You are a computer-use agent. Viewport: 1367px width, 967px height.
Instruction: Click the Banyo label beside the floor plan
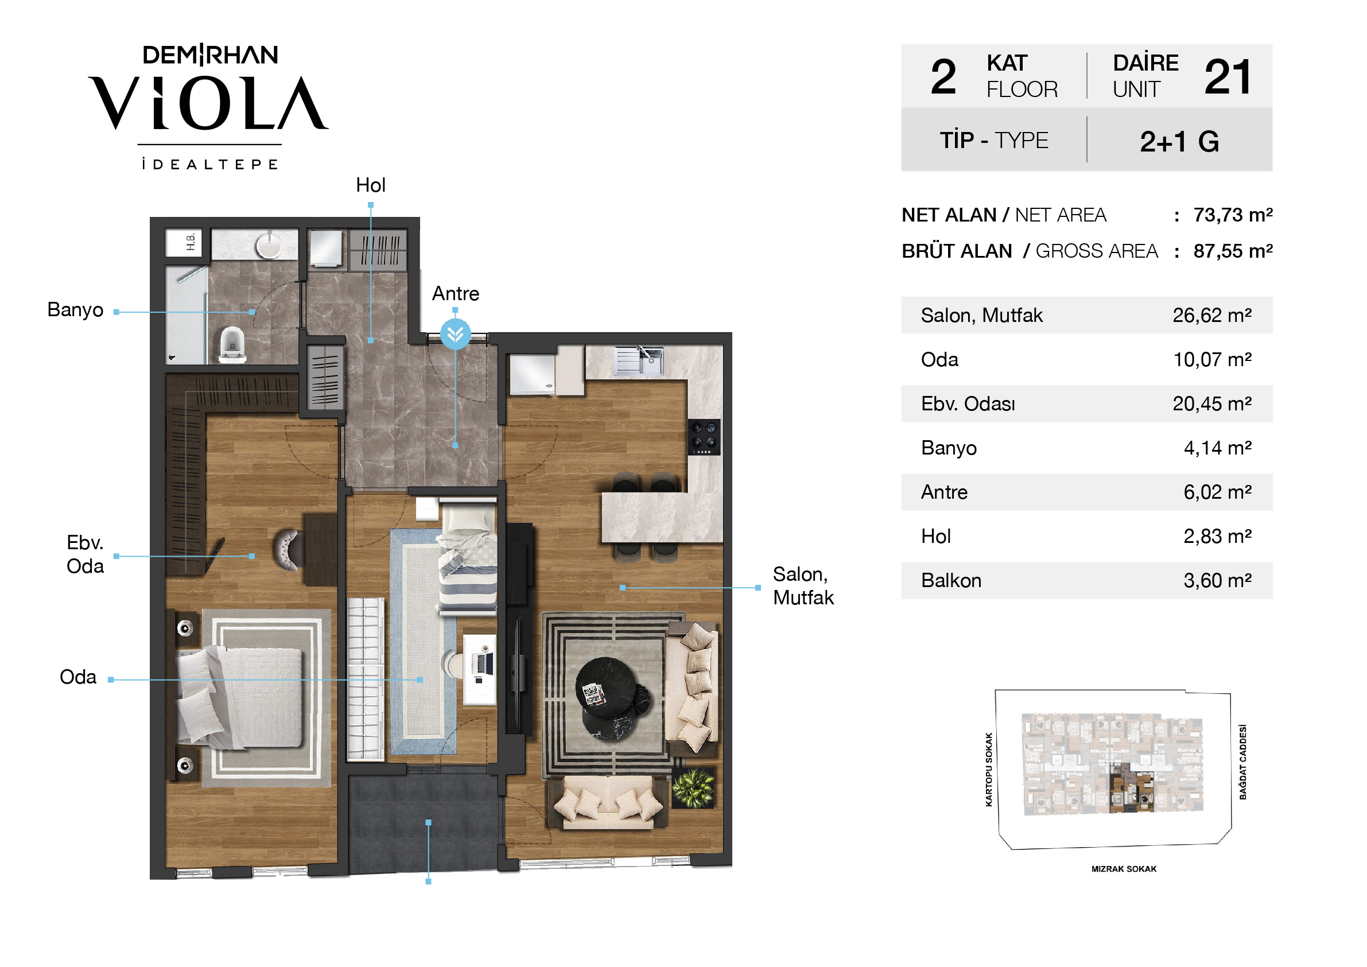(75, 310)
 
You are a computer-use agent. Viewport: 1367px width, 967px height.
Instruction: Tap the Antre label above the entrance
(456, 294)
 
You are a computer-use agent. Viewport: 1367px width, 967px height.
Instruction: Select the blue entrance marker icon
(456, 333)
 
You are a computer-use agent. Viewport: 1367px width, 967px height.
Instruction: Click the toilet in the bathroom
(232, 345)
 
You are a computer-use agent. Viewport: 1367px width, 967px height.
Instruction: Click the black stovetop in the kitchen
(704, 437)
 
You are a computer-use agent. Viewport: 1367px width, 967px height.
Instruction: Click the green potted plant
(694, 788)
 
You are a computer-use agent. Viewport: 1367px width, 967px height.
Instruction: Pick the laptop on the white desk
(482, 663)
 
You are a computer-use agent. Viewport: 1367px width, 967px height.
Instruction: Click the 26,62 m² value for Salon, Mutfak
(1211, 315)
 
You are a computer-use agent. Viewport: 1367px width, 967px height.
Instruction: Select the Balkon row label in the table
(951, 581)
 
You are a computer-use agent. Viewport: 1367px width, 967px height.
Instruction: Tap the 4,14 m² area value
(1217, 448)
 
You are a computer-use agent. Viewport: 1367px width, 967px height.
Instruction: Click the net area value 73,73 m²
(1233, 215)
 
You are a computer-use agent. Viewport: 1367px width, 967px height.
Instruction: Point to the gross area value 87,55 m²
(1233, 251)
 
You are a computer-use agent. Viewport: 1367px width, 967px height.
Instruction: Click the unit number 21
(1227, 77)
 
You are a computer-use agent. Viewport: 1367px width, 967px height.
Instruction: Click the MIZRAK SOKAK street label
(1124, 869)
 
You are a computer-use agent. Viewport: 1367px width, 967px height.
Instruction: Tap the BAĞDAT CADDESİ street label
(1242, 762)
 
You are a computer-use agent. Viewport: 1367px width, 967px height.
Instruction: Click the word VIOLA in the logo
(208, 102)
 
